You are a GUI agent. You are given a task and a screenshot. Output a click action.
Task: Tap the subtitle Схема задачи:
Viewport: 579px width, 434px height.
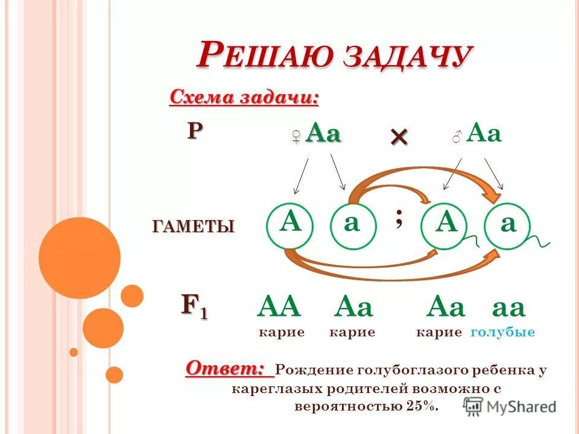pyautogui.click(x=244, y=97)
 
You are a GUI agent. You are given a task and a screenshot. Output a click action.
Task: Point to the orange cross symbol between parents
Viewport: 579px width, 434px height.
pyautogui.click(x=399, y=137)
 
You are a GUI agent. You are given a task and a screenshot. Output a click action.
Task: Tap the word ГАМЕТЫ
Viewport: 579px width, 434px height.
pyautogui.click(x=193, y=227)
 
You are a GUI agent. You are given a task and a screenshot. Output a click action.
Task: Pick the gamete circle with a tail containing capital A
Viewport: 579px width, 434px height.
pyautogui.click(x=447, y=226)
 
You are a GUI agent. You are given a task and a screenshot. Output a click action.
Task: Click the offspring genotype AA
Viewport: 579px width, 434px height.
pyautogui.click(x=279, y=308)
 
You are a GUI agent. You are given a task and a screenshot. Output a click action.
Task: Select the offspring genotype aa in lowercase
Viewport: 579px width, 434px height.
pyautogui.click(x=509, y=308)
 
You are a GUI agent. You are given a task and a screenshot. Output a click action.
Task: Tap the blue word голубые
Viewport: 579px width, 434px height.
pyautogui.click(x=502, y=332)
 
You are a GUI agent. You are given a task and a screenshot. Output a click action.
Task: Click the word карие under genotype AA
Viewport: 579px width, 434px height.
pyautogui.click(x=281, y=332)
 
